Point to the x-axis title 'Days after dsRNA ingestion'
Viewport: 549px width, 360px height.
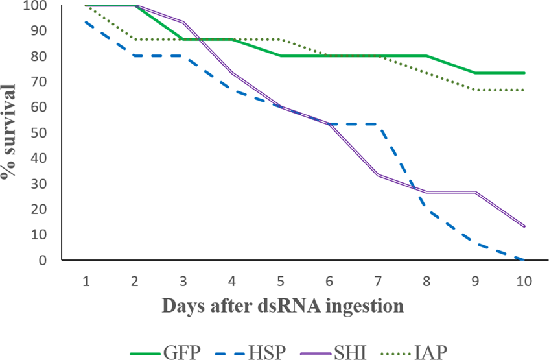(282, 305)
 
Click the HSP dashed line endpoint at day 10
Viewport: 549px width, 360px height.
(524, 259)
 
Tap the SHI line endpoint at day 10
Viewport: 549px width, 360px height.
(524, 226)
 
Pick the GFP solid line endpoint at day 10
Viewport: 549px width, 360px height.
(524, 73)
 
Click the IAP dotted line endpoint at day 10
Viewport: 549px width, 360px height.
(524, 90)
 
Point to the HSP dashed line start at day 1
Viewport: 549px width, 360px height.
(86, 22)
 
